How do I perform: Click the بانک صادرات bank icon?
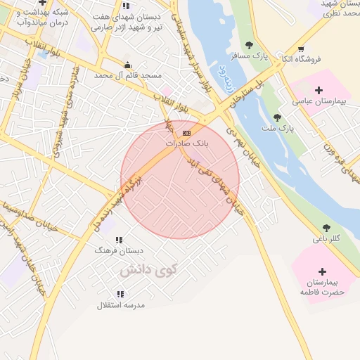(x=186, y=133)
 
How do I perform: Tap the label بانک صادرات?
(x=188, y=143)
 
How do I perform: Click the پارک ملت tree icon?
(x=277, y=117)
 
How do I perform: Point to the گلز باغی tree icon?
(x=326, y=227)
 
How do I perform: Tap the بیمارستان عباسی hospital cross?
(x=319, y=90)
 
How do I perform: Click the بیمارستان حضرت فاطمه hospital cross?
(x=322, y=271)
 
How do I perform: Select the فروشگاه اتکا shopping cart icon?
(x=301, y=49)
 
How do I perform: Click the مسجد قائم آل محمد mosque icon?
(x=126, y=63)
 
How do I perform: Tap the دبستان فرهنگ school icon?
(x=119, y=240)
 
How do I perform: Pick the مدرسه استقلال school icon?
(x=120, y=294)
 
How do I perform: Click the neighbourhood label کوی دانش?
(x=148, y=269)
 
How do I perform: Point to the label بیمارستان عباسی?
(x=321, y=102)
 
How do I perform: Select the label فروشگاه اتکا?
(x=300, y=59)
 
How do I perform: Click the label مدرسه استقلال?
(x=120, y=305)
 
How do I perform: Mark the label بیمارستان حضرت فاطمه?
(x=323, y=286)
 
